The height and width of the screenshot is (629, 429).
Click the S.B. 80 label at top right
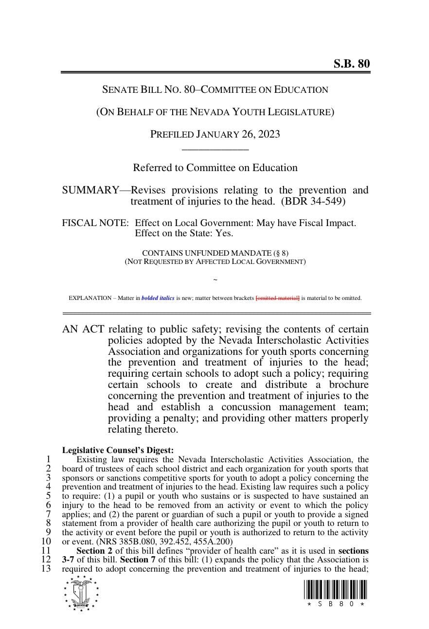tap(351, 64)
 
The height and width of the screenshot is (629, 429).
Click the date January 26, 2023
tap(238, 134)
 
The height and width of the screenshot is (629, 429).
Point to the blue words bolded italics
tap(158, 298)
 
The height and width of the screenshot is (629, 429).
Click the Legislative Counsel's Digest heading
tap(118, 451)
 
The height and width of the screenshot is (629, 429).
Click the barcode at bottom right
tap(336, 590)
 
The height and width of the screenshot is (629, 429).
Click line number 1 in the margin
tap(48, 459)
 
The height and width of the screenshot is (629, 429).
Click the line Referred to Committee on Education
tap(215, 168)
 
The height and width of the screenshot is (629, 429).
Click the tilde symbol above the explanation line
tap(215, 280)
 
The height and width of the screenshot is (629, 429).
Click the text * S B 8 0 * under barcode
tap(336, 604)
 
